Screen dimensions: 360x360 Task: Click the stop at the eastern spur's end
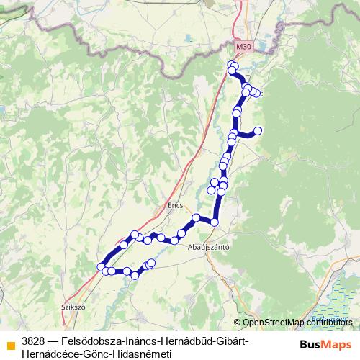[258, 130]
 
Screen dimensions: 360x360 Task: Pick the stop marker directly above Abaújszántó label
[214, 222]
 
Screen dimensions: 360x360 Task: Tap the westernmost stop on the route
[101, 268]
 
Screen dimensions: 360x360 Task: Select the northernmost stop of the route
[232, 66]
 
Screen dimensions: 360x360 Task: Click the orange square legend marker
[10, 345]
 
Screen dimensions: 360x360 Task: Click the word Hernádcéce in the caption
[55, 354]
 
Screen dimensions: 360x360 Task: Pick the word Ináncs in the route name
[140, 340]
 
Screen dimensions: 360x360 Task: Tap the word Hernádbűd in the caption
[189, 340]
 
